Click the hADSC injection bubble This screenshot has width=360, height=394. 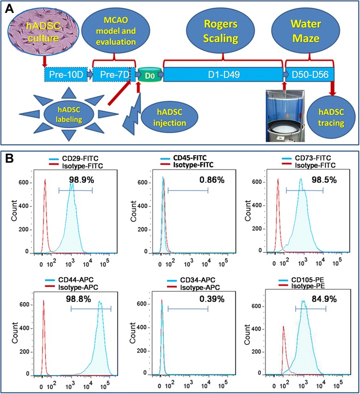[x=165, y=119]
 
